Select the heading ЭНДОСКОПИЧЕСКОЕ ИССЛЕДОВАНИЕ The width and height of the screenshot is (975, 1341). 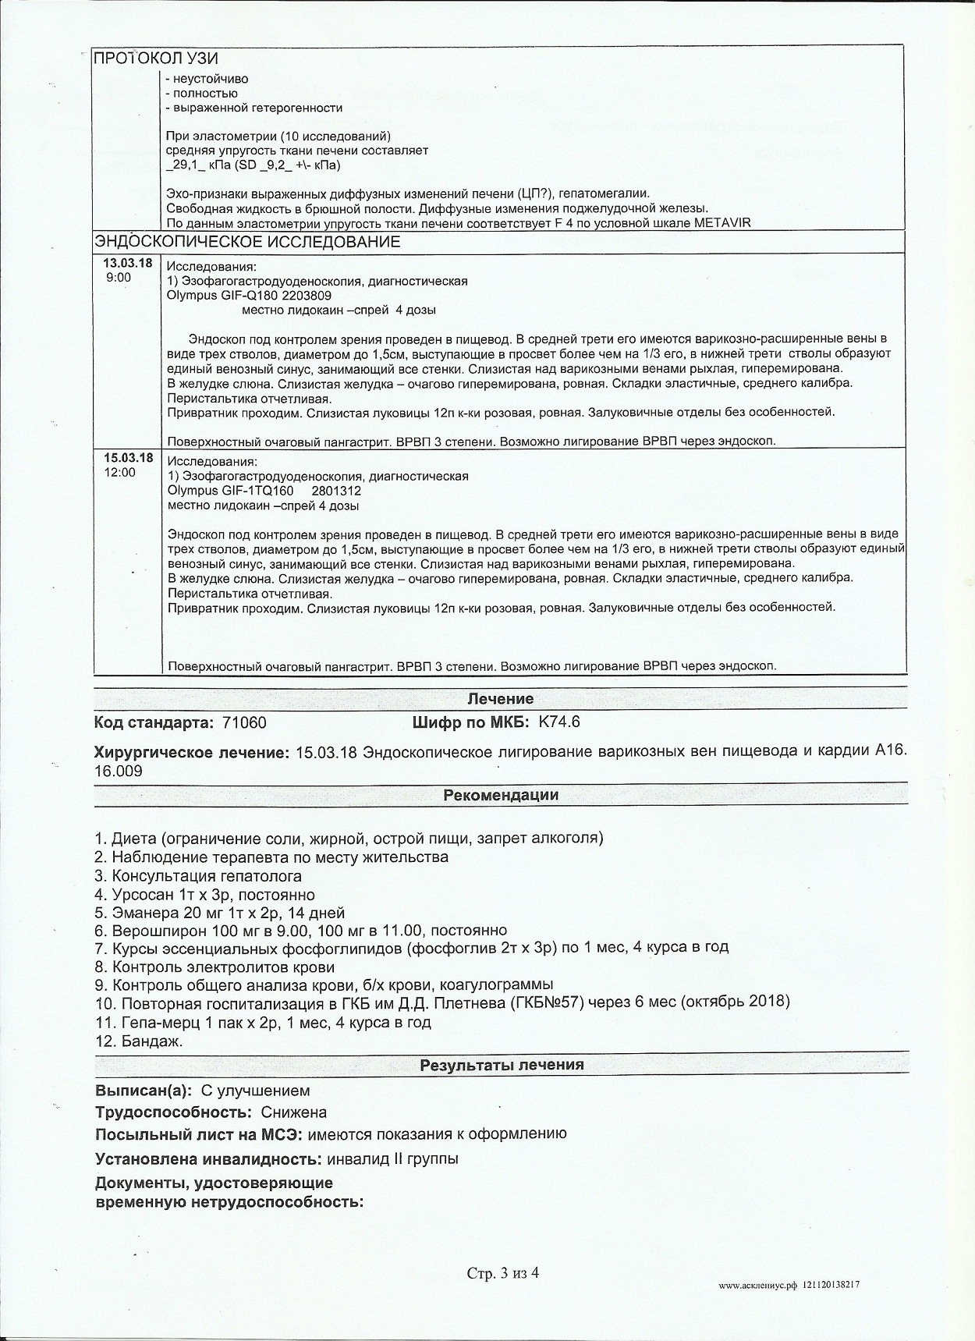click(247, 242)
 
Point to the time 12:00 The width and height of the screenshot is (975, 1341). click(119, 472)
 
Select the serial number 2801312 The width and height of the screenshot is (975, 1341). click(335, 491)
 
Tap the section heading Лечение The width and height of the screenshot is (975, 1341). click(500, 699)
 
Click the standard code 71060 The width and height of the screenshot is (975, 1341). click(244, 722)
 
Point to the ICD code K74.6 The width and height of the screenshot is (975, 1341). click(559, 722)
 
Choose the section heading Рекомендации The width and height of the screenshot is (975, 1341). click(500, 796)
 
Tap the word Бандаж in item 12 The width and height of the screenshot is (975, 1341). click(151, 1041)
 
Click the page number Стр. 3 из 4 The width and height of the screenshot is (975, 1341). click(503, 1274)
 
